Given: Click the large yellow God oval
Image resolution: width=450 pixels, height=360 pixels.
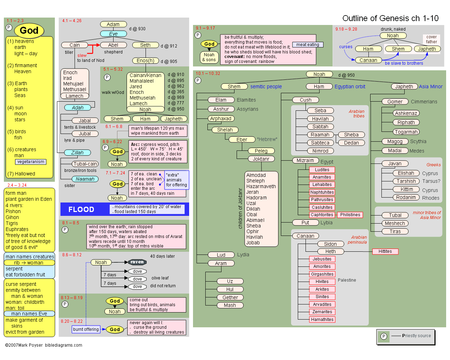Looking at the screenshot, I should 29,31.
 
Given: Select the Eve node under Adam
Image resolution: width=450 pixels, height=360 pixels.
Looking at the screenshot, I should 113,34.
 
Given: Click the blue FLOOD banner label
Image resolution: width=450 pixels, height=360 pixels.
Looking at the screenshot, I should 81,210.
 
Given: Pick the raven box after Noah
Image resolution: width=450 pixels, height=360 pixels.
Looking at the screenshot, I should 137,262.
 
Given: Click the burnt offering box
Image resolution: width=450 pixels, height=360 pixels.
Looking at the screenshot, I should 86,329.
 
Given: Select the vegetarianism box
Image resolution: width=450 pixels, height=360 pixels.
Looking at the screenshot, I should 31,162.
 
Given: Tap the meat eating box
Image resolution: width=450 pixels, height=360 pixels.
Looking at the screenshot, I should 308,45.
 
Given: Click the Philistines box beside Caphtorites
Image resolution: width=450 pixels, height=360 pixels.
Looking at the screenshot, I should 350,215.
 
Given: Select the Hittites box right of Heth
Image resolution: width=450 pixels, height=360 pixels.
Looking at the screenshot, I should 385,251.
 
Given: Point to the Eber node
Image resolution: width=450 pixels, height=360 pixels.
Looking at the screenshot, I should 242,140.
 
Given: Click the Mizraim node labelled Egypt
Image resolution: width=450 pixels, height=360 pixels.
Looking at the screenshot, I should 305,160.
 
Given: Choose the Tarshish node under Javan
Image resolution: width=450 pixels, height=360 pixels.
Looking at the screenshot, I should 406,181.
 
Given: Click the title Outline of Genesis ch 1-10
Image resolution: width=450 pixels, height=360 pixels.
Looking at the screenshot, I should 390,18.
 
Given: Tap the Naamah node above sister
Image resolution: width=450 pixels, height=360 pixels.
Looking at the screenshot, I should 85,179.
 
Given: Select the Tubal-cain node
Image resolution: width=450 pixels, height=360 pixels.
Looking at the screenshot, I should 85,164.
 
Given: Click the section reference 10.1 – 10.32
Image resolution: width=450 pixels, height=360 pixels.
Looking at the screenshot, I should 208,73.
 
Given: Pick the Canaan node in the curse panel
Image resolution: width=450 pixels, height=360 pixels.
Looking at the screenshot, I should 368,60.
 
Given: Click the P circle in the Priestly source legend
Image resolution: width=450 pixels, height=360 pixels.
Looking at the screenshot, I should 384,336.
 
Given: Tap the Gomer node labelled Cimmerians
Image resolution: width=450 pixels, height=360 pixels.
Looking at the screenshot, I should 395,102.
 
